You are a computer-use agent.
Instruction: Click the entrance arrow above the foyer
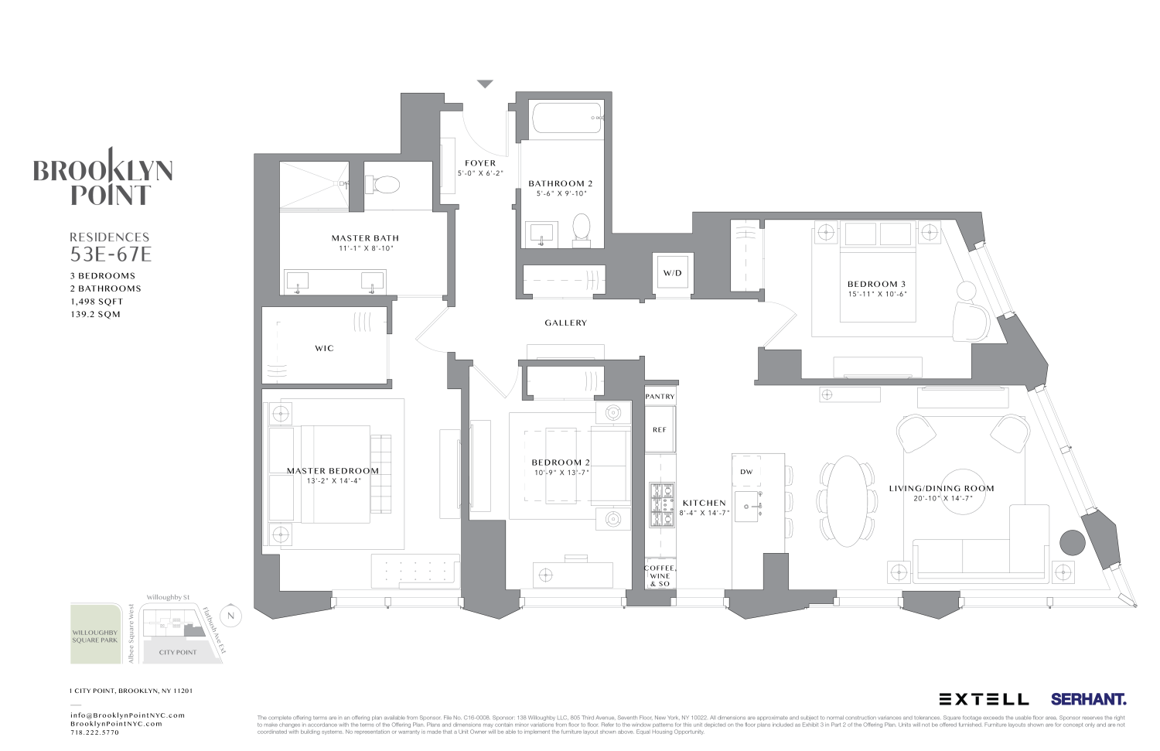[484, 84]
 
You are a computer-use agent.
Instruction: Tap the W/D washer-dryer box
[672, 274]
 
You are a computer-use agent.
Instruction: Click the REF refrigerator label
[660, 430]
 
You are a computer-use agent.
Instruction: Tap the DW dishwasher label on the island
[746, 472]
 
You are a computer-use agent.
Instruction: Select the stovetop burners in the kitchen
[661, 504]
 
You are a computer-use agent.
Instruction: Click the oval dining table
[848, 501]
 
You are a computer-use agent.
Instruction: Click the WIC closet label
[324, 349]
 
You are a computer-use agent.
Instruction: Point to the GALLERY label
[565, 323]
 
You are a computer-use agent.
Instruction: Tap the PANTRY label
[660, 397]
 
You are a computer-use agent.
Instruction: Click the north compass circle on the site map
[230, 616]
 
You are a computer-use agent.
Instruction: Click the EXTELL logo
[984, 699]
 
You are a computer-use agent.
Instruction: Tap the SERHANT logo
[1088, 699]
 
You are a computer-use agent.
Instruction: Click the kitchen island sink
[747, 507]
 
